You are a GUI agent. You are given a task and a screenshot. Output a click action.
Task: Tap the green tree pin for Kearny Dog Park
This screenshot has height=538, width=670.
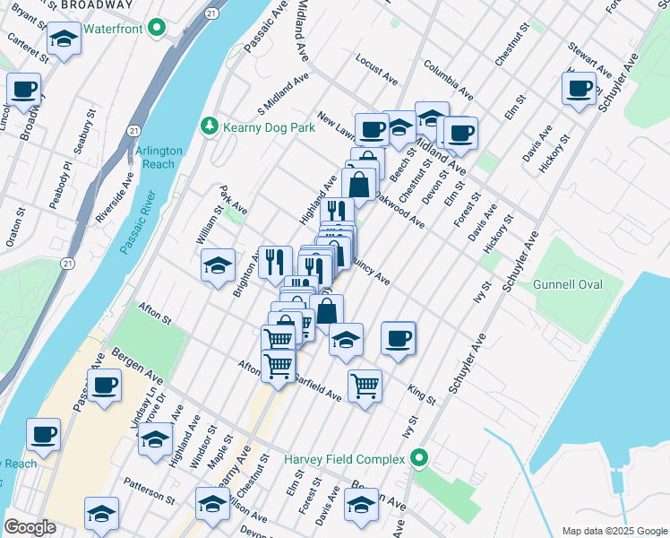pos(210,126)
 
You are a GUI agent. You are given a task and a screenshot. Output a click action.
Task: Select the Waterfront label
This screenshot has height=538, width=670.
pos(115,28)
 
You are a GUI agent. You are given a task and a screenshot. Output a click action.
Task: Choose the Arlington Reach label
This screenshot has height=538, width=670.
pos(160,158)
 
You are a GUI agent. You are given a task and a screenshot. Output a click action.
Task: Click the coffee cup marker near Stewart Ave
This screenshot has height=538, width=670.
pos(579,89)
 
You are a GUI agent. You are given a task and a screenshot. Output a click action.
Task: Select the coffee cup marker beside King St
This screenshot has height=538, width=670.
pos(398,339)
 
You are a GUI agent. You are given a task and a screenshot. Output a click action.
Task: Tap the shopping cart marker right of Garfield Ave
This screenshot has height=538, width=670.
pos(365,386)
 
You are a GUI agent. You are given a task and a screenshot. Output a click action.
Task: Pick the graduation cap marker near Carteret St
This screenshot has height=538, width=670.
pos(64,39)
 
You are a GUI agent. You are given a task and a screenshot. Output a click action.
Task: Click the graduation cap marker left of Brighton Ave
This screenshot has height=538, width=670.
pos(218,266)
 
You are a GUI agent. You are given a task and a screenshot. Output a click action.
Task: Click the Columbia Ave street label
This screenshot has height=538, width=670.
pos(449,80)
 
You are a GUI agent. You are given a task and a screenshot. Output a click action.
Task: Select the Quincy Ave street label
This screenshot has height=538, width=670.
pos(370,273)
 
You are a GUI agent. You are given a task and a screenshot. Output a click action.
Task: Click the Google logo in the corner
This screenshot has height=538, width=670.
pos(30,526)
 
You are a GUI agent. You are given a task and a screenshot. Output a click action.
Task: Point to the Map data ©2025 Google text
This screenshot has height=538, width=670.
pos(614,531)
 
